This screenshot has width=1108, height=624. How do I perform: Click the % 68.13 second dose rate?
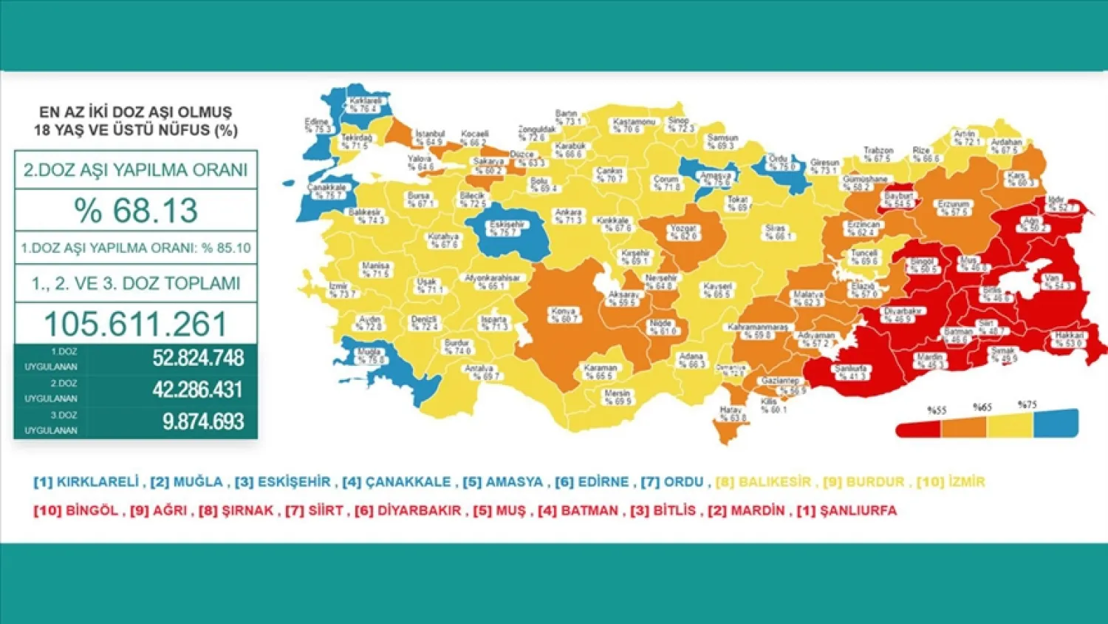coord(136,211)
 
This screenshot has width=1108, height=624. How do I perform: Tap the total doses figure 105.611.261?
coord(136,324)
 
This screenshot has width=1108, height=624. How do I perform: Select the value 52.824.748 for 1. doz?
coord(198,358)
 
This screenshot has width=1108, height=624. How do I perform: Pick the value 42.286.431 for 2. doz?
coord(198,390)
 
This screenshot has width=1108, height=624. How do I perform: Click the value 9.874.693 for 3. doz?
coord(203,421)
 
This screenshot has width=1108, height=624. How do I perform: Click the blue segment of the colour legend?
coord(1056,424)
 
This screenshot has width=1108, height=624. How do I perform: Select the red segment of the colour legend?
coord(917,429)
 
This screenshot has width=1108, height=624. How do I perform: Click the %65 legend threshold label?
coord(982,407)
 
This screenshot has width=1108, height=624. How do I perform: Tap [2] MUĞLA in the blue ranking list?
coord(186,482)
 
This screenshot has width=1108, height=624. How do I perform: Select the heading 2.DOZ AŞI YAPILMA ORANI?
coord(136,170)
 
